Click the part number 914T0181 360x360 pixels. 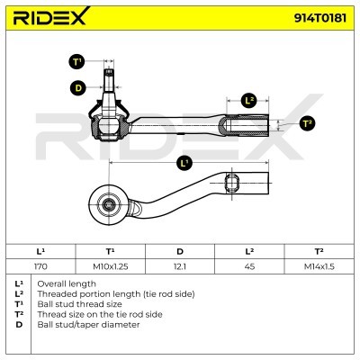[x=319, y=18]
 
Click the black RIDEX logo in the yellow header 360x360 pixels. [x=51, y=16]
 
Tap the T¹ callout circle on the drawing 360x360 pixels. [x=77, y=61]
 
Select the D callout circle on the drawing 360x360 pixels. [x=78, y=88]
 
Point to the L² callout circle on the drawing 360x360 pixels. [x=249, y=101]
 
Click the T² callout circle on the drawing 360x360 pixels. [x=307, y=123]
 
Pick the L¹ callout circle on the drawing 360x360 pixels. [x=184, y=163]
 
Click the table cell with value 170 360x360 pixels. [x=40, y=266]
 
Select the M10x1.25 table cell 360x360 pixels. [x=111, y=266]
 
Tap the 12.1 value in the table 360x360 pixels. [x=180, y=266]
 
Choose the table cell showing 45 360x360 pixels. [x=249, y=266]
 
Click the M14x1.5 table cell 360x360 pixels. [x=319, y=266]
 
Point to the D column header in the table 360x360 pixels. [x=180, y=251]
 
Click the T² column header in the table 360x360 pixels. [x=319, y=251]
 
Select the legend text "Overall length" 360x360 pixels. [x=67, y=283]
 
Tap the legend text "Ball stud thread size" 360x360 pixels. [x=79, y=304]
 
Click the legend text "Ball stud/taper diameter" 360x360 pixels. [x=88, y=325]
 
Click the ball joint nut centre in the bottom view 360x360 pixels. [x=108, y=205]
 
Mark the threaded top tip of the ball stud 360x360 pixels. [x=109, y=70]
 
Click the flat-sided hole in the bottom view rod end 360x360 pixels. [x=232, y=183]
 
